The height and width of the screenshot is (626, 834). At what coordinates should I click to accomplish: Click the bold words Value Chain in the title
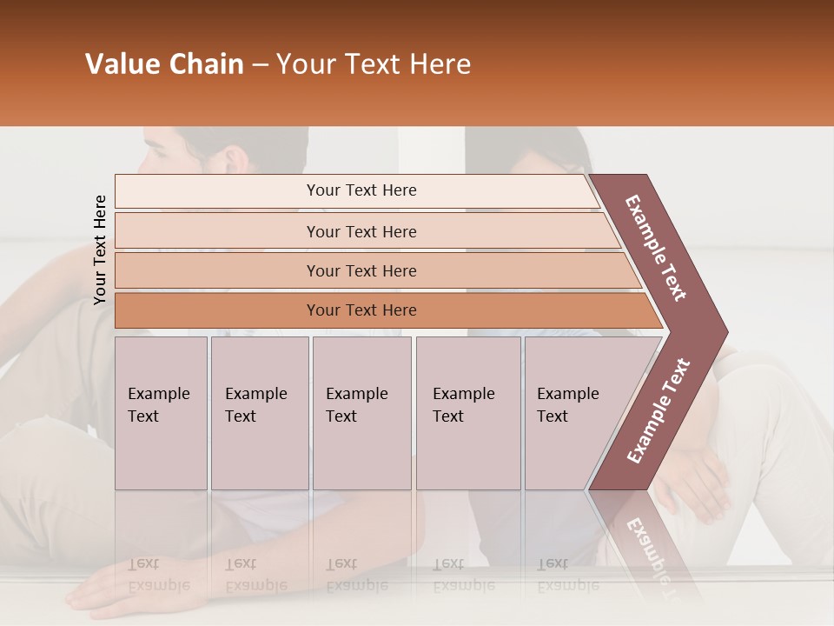[x=164, y=64]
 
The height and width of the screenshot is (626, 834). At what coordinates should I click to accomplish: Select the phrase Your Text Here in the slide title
[x=374, y=64]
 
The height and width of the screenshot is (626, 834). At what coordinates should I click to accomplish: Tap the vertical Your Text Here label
[x=100, y=250]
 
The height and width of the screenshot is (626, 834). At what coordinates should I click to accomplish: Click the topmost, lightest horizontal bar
[x=356, y=190]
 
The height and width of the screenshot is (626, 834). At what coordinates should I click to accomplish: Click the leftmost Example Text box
[x=161, y=413]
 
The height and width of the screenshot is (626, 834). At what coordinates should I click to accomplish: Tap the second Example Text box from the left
[x=259, y=413]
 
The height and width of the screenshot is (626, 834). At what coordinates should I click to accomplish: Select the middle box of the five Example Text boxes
[x=361, y=413]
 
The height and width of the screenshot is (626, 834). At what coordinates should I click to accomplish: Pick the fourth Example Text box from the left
[x=467, y=413]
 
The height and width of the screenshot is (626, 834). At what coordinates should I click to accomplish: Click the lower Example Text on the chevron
[x=659, y=410]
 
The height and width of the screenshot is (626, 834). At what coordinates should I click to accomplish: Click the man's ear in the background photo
[x=235, y=160]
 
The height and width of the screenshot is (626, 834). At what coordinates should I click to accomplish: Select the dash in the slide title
[x=260, y=64]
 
